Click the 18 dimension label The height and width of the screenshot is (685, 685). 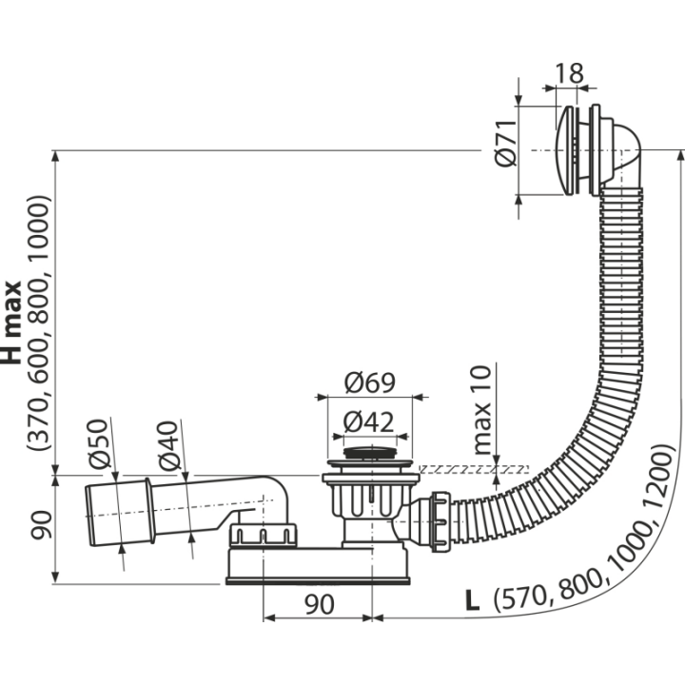pos(569,73)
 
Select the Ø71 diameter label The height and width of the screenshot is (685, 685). pos(506,144)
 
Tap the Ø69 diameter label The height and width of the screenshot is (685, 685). pos(369,382)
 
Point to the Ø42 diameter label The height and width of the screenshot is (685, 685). pos(368,422)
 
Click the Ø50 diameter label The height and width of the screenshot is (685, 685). pos(97,444)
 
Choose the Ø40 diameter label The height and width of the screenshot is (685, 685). pos(168,445)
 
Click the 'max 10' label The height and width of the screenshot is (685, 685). pos(481,410)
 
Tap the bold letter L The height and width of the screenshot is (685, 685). pos(472,600)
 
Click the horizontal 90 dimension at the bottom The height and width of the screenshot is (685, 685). pos(320,605)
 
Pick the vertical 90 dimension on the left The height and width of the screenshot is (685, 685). pos(41,525)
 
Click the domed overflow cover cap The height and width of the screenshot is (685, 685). pos(564,150)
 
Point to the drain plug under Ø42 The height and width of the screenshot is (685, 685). pos(371,453)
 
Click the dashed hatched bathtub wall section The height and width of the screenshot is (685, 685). pos(474,470)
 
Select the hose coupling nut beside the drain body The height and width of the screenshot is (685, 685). pos(440,521)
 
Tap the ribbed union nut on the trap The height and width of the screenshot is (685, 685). pos(263,535)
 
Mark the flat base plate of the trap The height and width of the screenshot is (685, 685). pos(318,580)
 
